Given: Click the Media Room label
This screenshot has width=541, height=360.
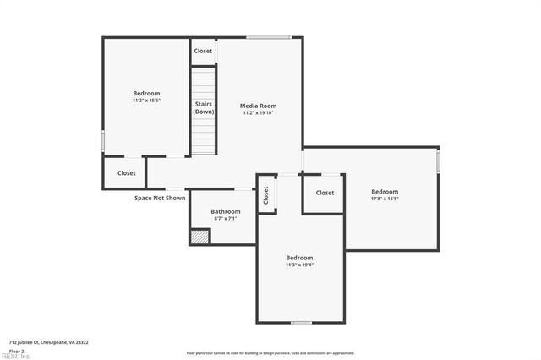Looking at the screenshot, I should [260, 106].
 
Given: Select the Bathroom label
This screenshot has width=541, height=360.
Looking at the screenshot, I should [226, 211].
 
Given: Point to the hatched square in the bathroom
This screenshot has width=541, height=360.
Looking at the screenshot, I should [199, 237].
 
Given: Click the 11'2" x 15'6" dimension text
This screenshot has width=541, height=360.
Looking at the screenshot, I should [146, 101].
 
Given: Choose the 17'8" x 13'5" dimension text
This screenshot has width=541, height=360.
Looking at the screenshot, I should [385, 199].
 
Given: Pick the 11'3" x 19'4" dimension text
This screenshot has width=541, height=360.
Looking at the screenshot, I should [299, 265].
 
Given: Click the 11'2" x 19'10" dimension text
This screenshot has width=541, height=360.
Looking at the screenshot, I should [260, 112].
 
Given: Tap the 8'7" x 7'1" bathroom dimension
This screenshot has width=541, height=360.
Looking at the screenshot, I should [226, 218].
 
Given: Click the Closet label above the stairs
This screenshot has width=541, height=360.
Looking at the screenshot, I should [203, 51].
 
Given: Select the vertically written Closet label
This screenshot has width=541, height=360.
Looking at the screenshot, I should [265, 195].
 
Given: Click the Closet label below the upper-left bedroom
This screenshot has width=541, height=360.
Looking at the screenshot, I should [126, 173].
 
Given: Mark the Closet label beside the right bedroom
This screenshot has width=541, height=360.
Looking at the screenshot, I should [325, 193].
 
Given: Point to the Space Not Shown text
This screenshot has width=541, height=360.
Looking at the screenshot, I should [160, 199].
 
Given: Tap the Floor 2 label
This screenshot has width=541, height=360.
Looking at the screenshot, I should [16, 350].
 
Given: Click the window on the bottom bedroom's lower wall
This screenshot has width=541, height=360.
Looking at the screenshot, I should [301, 323].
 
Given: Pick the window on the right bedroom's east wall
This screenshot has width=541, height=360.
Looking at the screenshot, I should [439, 161].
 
